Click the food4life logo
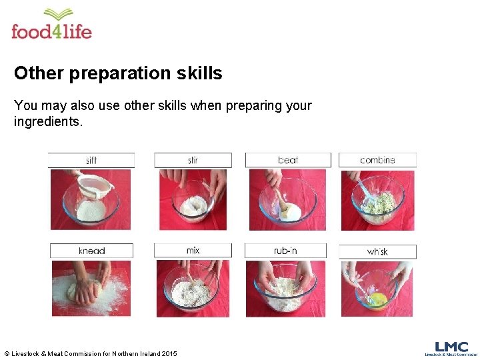tap(51, 25)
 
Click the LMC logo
tap(451, 349)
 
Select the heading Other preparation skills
tap(118, 73)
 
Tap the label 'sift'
tap(91, 160)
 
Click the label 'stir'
tap(193, 160)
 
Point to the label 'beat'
tap(288, 160)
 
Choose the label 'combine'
tap(377, 160)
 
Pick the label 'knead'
tap(92, 251)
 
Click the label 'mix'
tap(193, 250)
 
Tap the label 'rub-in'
tap(285, 251)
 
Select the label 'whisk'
tap(377, 251)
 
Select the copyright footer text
tap(91, 353)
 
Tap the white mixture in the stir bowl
tap(193, 208)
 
